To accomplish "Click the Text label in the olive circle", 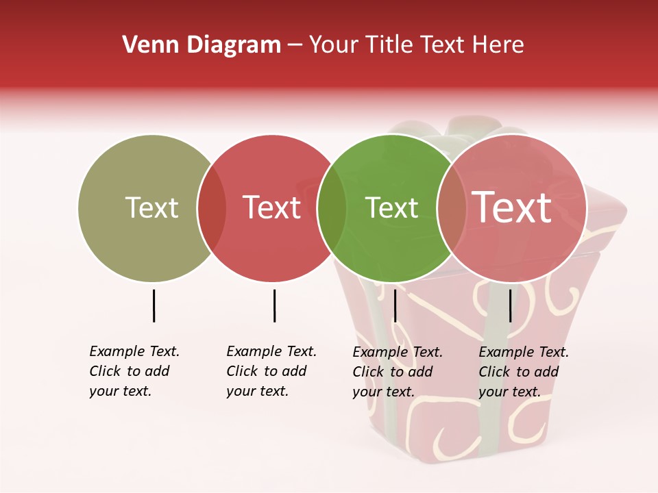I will pos(151,207).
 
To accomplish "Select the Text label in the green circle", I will pos(391,207).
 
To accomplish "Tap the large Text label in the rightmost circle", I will pos(512,207).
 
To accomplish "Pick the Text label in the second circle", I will pos(272,207).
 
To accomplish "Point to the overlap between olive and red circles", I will pos(212,208).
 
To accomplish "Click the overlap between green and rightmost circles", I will pos(452,208).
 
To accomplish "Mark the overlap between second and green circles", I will pos(332,208).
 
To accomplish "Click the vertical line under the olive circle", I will pos(154,305).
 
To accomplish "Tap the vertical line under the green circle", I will pos(395,305).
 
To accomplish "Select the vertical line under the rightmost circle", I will pos(511,305).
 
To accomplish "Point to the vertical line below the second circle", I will pos(274,305).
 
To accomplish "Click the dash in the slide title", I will pos(295,45).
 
